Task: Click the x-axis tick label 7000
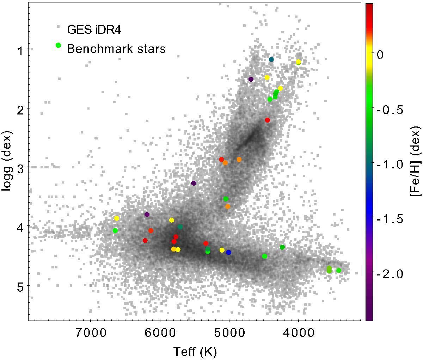91,333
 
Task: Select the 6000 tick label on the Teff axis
160,333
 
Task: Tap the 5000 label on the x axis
229,333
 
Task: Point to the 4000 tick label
299,333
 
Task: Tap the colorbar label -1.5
390,219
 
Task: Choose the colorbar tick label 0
380,55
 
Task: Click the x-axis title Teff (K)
195,352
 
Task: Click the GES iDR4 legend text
94,30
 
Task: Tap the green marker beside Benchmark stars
59,45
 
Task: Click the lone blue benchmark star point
228,253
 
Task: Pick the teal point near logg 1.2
271,60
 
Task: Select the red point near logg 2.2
268,120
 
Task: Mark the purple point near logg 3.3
194,183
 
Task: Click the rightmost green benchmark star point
339,271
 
